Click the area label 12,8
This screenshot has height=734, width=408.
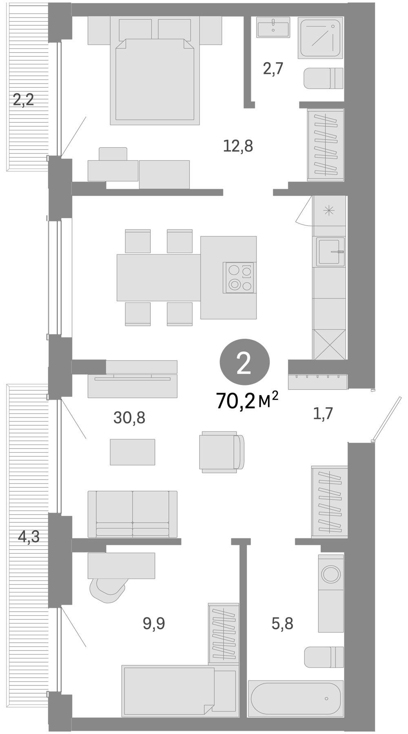tap(238, 146)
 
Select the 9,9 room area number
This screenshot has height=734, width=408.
tap(154, 623)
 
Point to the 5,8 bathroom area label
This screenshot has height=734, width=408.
tap(282, 623)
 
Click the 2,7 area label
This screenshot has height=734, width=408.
tap(273, 69)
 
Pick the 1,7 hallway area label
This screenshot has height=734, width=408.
tap(323, 413)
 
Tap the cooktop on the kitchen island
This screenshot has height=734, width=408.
tap(238, 277)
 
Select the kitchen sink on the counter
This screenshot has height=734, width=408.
tap(330, 252)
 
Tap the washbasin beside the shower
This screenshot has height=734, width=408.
tap(273, 27)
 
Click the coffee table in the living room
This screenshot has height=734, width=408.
tap(133, 452)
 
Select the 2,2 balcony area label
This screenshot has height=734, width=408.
tap(24, 100)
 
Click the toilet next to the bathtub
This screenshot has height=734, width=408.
tap(323, 657)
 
